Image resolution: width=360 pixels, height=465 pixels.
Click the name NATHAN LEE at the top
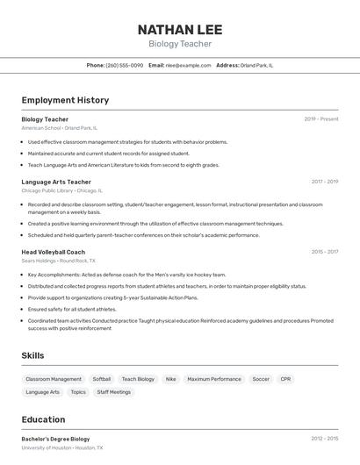pos(179,29)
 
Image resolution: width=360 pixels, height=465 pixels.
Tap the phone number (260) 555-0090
pos(124,65)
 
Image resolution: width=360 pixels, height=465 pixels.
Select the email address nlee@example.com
pos(188,65)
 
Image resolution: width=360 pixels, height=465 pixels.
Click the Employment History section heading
pos(65,101)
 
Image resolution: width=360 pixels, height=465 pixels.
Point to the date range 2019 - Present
pos(321,119)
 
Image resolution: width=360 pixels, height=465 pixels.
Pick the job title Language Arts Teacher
pos(56,182)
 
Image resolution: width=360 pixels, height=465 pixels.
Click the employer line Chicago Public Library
pos(61,190)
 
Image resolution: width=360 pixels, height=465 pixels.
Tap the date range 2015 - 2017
pos(324,252)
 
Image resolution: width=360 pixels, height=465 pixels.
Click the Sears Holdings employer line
pos(59,261)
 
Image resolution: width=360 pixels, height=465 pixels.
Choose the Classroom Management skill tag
pos(54,379)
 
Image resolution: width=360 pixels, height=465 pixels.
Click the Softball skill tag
pos(102,379)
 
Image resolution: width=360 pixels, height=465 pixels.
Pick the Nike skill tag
pos(170,379)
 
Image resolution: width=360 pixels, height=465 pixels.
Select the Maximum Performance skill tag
pos(214,379)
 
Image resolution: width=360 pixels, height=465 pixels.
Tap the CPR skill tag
pos(285,379)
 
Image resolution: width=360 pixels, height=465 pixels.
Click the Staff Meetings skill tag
pos(114,392)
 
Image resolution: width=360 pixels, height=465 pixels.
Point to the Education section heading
pos(44,419)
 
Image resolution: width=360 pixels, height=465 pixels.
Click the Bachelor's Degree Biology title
pos(55,439)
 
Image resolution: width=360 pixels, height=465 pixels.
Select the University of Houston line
pos(62,447)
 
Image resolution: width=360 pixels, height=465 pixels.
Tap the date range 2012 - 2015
pos(324,439)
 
